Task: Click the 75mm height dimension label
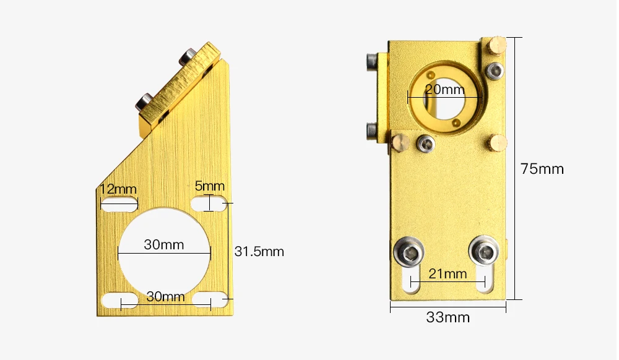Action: pos(542,169)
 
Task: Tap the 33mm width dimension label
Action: pos(448,317)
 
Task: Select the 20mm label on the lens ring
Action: pos(445,90)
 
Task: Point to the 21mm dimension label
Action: pos(448,273)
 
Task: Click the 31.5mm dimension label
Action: pos(259,252)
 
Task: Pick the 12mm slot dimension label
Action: pos(118,189)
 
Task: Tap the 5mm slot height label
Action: pos(210,186)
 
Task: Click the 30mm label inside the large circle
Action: pos(164,244)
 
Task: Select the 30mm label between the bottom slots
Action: pos(165,296)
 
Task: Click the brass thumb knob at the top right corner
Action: pos(496,45)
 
